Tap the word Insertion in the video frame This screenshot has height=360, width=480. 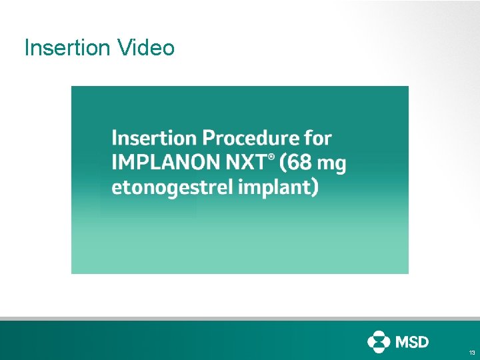pyautogui.click(x=154, y=138)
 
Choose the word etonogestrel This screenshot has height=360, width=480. pyautogui.click(x=169, y=188)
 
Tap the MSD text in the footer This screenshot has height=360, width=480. pyautogui.click(x=413, y=342)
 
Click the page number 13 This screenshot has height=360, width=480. pyautogui.click(x=471, y=352)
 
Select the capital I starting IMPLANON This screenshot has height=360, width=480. pyautogui.click(x=115, y=163)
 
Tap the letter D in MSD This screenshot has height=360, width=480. pyautogui.click(x=423, y=342)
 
